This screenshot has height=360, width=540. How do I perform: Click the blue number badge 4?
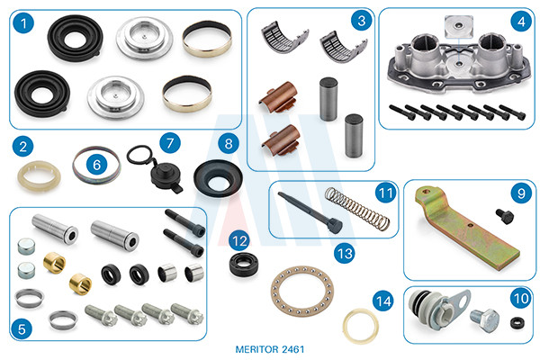[521, 22]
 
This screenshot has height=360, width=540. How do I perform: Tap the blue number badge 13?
[345, 254]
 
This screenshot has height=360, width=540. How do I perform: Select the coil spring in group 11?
[357, 209]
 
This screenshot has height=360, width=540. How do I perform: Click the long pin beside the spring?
[310, 212]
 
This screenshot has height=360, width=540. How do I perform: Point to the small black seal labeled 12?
[244, 265]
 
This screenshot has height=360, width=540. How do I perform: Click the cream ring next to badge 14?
[361, 326]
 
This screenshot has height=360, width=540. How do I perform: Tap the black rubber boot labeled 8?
[218, 178]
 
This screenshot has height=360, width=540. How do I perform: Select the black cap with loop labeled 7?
[155, 168]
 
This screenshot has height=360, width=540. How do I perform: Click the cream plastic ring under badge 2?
[39, 176]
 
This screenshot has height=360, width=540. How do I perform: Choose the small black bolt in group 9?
[505, 216]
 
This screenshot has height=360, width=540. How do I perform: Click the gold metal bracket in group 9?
[466, 228]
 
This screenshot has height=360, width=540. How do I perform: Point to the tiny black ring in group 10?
[517, 323]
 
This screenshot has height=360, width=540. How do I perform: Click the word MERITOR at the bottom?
[257, 349]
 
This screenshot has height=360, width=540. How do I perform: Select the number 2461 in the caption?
[293, 349]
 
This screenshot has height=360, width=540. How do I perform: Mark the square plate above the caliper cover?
[459, 26]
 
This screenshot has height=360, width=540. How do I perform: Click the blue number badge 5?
[22, 329]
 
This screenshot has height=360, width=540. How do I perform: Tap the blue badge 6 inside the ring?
[97, 165]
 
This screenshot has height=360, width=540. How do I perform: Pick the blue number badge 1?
[23, 23]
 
